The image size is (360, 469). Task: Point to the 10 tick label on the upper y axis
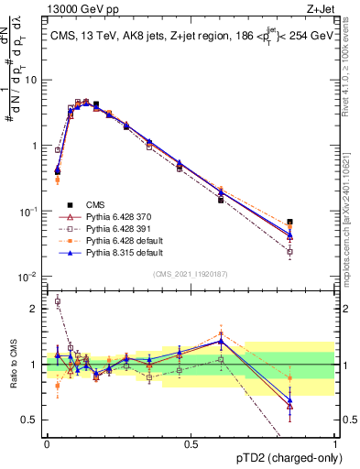(30, 80)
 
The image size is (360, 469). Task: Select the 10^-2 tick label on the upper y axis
(27, 277)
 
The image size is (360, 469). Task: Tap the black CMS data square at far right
(316, 222)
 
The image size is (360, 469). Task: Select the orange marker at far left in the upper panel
(57, 180)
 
